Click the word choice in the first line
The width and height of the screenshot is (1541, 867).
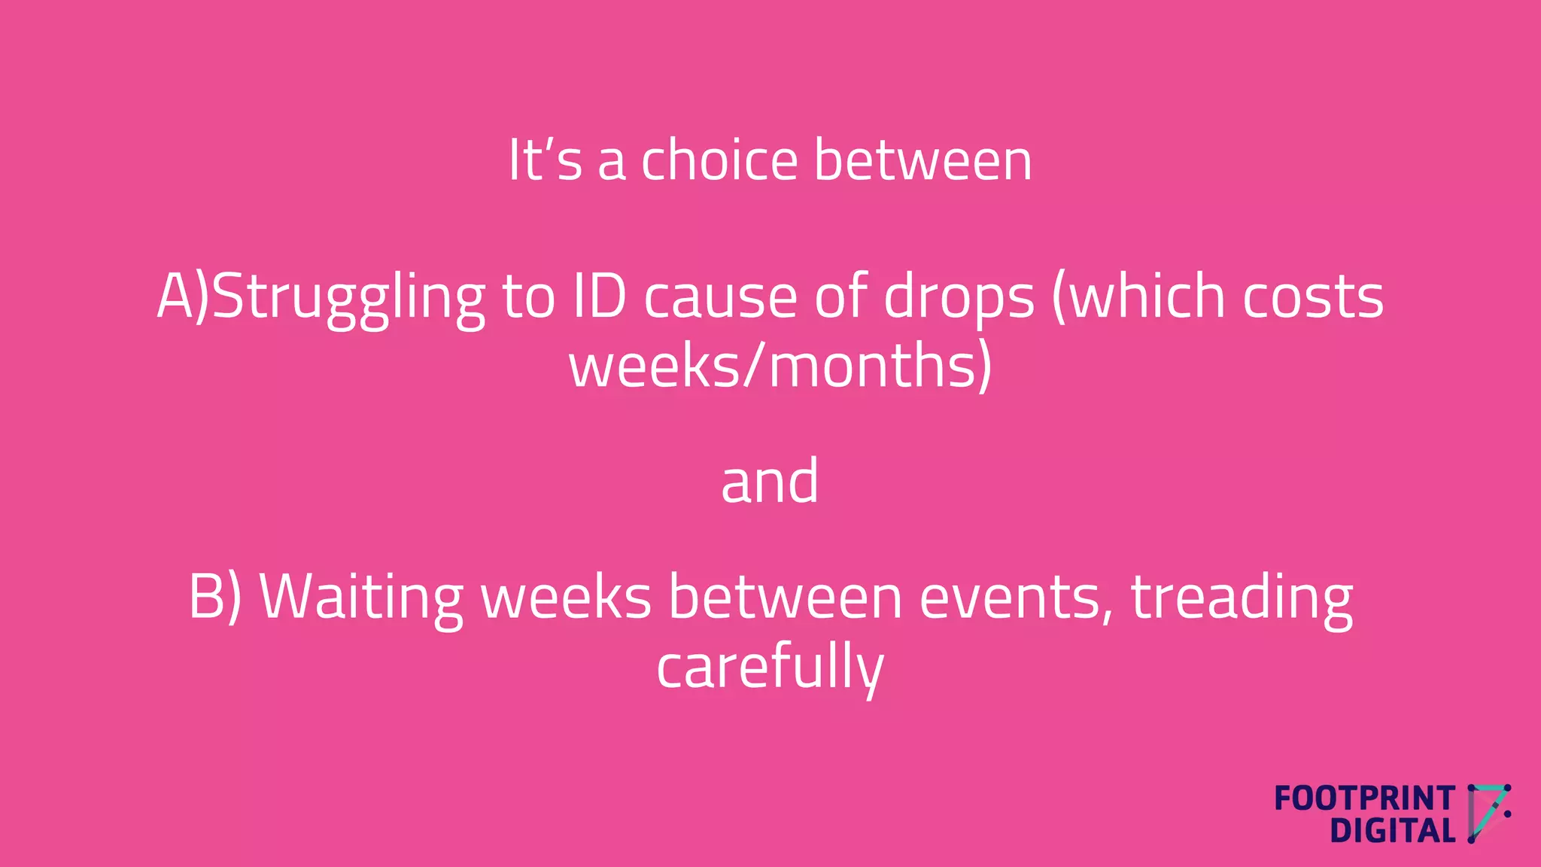pyautogui.click(x=719, y=160)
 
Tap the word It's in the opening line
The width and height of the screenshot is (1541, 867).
pyautogui.click(x=545, y=160)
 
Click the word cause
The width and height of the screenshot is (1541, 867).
pyautogui.click(x=720, y=298)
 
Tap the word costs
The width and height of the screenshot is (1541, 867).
pyautogui.click(x=1312, y=298)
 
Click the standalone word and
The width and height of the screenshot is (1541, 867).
pyautogui.click(x=770, y=482)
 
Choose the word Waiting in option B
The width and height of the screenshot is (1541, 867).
pyautogui.click(x=361, y=598)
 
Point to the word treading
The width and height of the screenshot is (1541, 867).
pyautogui.click(x=1242, y=598)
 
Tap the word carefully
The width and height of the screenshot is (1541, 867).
pyautogui.click(x=770, y=668)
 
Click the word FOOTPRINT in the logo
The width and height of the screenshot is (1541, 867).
pyautogui.click(x=1364, y=799)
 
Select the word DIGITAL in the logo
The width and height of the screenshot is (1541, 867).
pyautogui.click(x=1392, y=832)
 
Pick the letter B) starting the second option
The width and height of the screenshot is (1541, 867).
pyautogui.click(x=214, y=598)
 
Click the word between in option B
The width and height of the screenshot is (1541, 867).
pyautogui.click(x=785, y=598)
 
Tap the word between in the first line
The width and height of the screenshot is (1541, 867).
pyautogui.click(x=922, y=160)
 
